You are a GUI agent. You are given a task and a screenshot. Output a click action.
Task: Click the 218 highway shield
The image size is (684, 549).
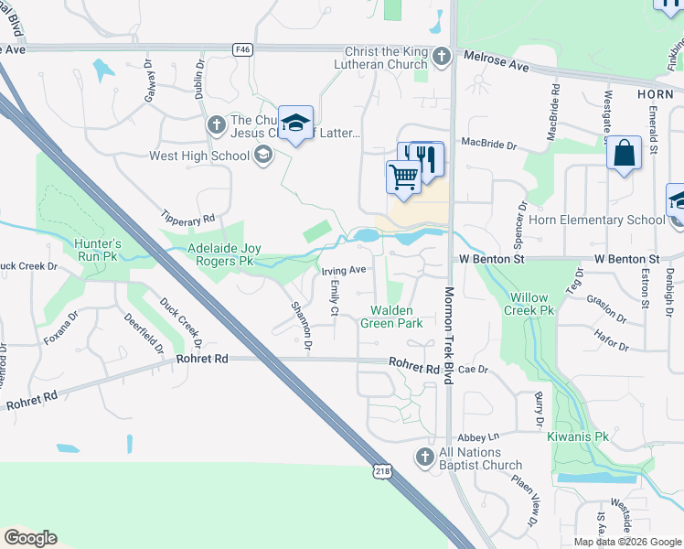tap(382, 470)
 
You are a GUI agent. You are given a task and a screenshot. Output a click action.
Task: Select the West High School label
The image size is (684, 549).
tap(199, 156)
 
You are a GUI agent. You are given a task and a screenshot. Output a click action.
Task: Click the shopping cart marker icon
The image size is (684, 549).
tap(403, 177)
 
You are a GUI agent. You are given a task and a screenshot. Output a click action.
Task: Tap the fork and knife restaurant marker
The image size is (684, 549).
tap(426, 158)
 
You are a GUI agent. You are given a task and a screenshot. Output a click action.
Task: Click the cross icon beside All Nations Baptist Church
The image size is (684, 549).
tap(424, 457)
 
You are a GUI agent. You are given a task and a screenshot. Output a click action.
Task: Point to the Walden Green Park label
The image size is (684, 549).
tap(390, 317)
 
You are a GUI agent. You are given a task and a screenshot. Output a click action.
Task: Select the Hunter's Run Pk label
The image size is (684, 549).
tap(99, 250)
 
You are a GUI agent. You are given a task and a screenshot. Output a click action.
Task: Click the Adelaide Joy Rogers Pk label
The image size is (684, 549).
tap(219, 253)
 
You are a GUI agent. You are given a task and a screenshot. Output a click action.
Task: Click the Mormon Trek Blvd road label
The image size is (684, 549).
tap(449, 338)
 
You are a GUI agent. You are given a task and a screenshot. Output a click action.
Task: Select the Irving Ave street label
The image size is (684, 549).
tap(343, 270)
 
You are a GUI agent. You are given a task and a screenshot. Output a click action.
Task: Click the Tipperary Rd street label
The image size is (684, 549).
tap(188, 221)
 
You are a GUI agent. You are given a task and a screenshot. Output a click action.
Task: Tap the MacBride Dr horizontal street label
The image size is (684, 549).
tap(489, 144)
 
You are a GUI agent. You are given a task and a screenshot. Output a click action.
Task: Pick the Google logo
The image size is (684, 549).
tap(30, 538)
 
